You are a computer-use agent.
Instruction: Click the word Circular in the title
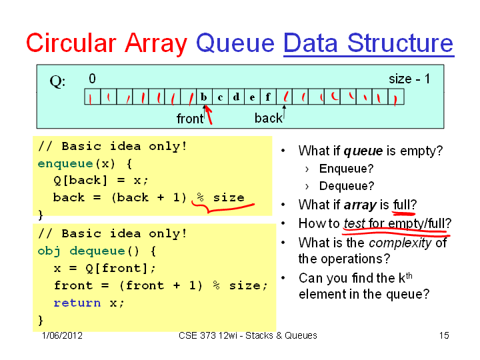click(71, 43)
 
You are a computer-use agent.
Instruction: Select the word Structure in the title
click(400, 43)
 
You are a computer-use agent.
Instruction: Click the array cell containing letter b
click(204, 97)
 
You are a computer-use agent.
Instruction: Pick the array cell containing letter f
click(268, 97)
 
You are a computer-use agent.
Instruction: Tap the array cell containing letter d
click(236, 97)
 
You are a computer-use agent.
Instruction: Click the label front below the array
click(190, 119)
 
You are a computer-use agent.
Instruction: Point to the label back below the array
click(269, 118)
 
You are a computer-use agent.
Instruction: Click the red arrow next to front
click(209, 115)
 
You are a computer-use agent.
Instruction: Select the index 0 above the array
click(92, 79)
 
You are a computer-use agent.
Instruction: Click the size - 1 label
click(409, 79)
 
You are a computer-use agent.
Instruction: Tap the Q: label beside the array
click(57, 82)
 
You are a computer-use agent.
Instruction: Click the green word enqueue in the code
click(65, 164)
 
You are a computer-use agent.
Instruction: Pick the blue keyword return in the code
click(77, 303)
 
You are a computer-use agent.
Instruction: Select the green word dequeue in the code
click(97, 251)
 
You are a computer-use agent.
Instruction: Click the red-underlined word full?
click(405, 205)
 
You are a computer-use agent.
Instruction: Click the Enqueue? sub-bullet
click(346, 169)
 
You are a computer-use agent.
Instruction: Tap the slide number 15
click(444, 335)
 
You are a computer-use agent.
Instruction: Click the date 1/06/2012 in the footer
click(62, 335)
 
